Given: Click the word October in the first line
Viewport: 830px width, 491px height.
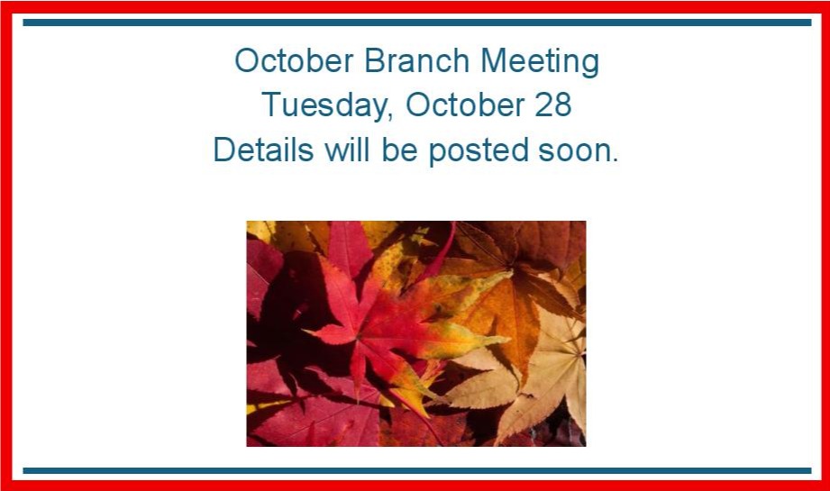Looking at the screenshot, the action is coord(294,60).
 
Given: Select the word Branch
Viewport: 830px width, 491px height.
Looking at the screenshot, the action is coord(416,60).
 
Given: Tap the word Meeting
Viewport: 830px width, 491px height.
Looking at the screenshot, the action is coord(540,62).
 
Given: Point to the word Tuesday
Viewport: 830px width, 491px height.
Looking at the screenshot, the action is coord(324,105).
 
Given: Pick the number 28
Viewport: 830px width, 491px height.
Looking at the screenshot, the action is coord(553,105).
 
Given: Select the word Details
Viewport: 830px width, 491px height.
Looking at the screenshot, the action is coord(263,150).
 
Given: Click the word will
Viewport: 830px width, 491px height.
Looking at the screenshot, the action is coord(347,150).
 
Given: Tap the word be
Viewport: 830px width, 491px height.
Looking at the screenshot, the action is coord(399,150).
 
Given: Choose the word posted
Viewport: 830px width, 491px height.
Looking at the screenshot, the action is coord(479,151).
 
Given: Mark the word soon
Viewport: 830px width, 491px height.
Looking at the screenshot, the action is coord(574,153).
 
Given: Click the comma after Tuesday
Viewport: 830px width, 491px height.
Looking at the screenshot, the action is coord(390,116).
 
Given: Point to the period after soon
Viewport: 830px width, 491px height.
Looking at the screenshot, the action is coord(615,159).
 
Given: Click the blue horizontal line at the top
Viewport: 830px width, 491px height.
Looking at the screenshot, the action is coord(417,23).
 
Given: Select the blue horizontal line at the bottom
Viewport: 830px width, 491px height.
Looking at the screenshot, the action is coord(417,470).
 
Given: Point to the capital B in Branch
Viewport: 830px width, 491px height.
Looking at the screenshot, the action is coord(373,60).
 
